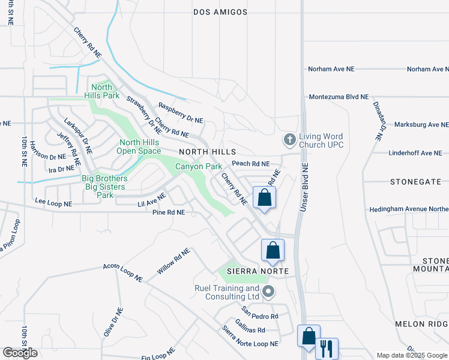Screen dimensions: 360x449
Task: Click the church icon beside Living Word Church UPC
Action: (x=289, y=140)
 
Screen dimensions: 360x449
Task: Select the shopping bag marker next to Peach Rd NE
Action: (x=265, y=197)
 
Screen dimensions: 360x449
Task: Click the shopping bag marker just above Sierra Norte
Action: (x=273, y=250)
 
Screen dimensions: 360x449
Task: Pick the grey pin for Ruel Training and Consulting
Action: (x=268, y=293)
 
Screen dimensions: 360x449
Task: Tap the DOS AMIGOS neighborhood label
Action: (x=220, y=12)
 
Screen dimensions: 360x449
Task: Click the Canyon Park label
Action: (x=195, y=166)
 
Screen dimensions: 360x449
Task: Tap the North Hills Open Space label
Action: (x=140, y=147)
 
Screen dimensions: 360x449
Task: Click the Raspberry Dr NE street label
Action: (x=181, y=113)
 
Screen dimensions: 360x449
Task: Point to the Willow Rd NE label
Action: (x=173, y=262)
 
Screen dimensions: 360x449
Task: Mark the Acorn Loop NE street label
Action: (x=122, y=272)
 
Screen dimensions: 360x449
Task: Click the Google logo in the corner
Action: (x=20, y=353)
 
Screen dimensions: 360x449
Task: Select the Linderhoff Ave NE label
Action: (x=415, y=153)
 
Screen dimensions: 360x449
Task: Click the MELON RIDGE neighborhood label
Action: (x=421, y=323)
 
